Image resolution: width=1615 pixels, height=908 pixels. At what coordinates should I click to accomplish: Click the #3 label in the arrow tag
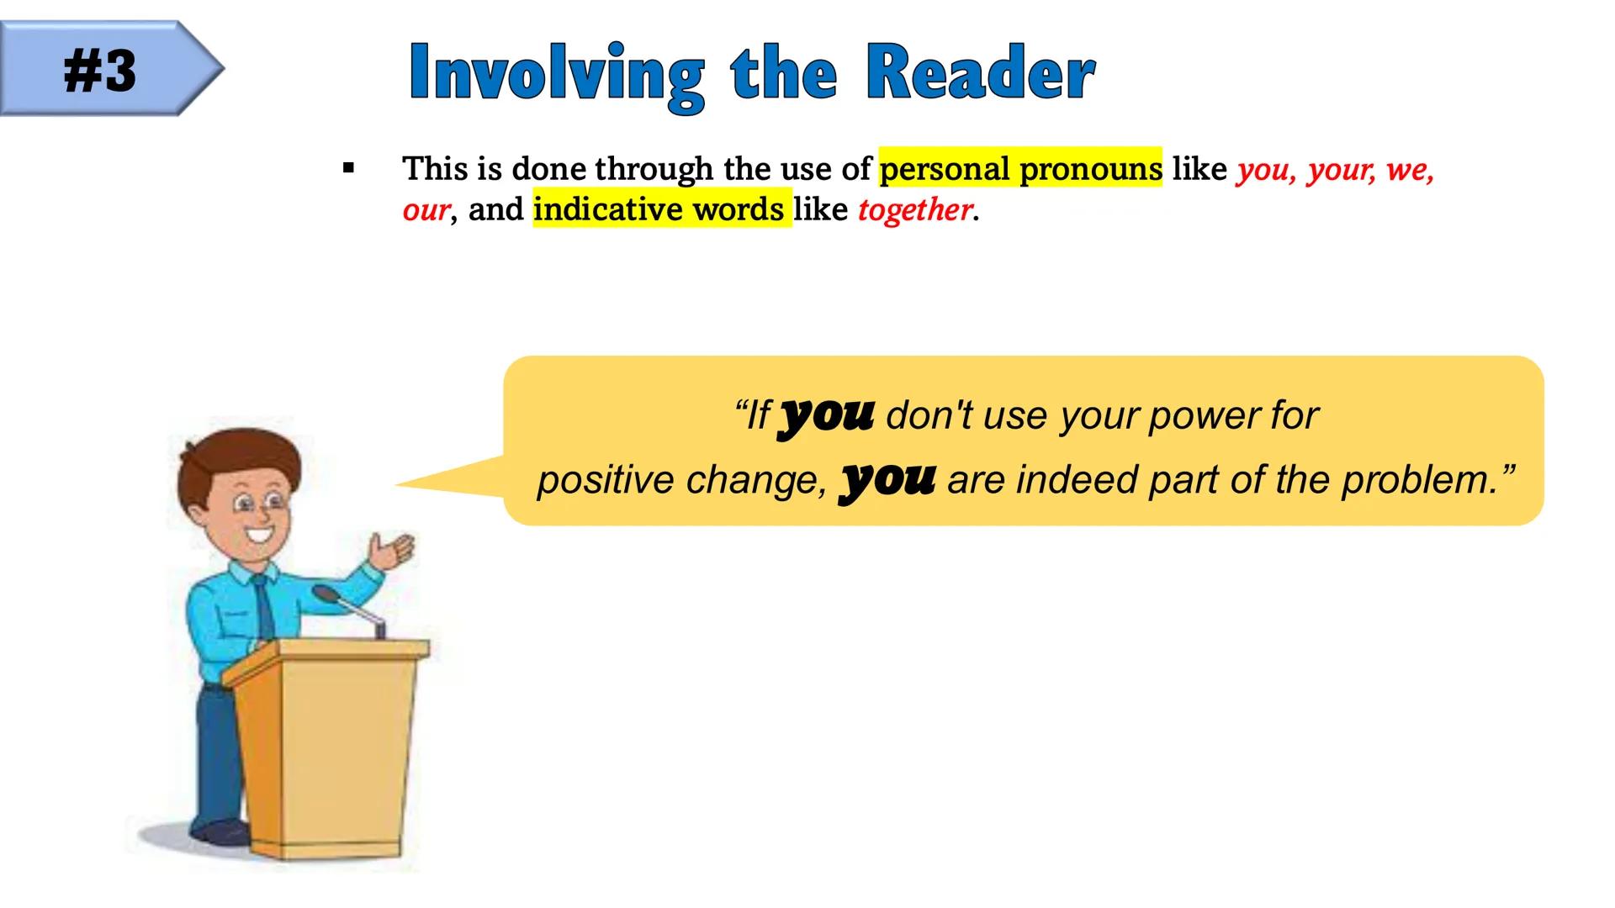pyautogui.click(x=99, y=71)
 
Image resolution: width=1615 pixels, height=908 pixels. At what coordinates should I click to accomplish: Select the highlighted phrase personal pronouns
pyautogui.click(x=1020, y=169)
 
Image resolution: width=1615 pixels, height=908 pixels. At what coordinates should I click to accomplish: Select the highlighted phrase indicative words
pyautogui.click(x=660, y=209)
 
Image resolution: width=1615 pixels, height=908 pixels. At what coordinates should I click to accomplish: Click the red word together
pyautogui.click(x=914, y=210)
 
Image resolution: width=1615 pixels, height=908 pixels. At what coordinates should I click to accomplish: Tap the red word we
pyautogui.click(x=1408, y=170)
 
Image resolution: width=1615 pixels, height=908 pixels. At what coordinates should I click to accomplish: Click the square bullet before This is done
pyautogui.click(x=348, y=169)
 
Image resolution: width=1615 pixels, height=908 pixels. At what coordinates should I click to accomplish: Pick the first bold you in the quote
pyautogui.click(x=827, y=414)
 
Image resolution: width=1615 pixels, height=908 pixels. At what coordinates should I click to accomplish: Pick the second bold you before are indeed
pyautogui.click(x=887, y=479)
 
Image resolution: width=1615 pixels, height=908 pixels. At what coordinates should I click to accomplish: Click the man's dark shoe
pyautogui.click(x=221, y=832)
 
